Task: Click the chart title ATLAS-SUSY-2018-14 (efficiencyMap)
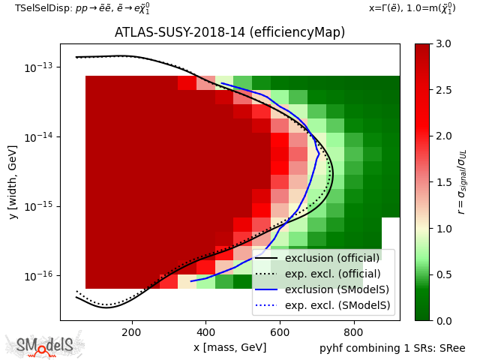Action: [229, 32]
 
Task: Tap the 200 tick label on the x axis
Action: [131, 332]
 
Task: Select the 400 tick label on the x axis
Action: [205, 332]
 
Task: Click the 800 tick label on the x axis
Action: [353, 332]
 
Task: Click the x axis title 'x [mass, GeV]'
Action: [229, 347]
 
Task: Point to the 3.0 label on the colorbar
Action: [442, 44]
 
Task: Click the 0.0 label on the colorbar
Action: [442, 321]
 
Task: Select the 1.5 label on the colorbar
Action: [442, 182]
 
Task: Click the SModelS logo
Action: [45, 345]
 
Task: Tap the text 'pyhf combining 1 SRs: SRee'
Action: [394, 348]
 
